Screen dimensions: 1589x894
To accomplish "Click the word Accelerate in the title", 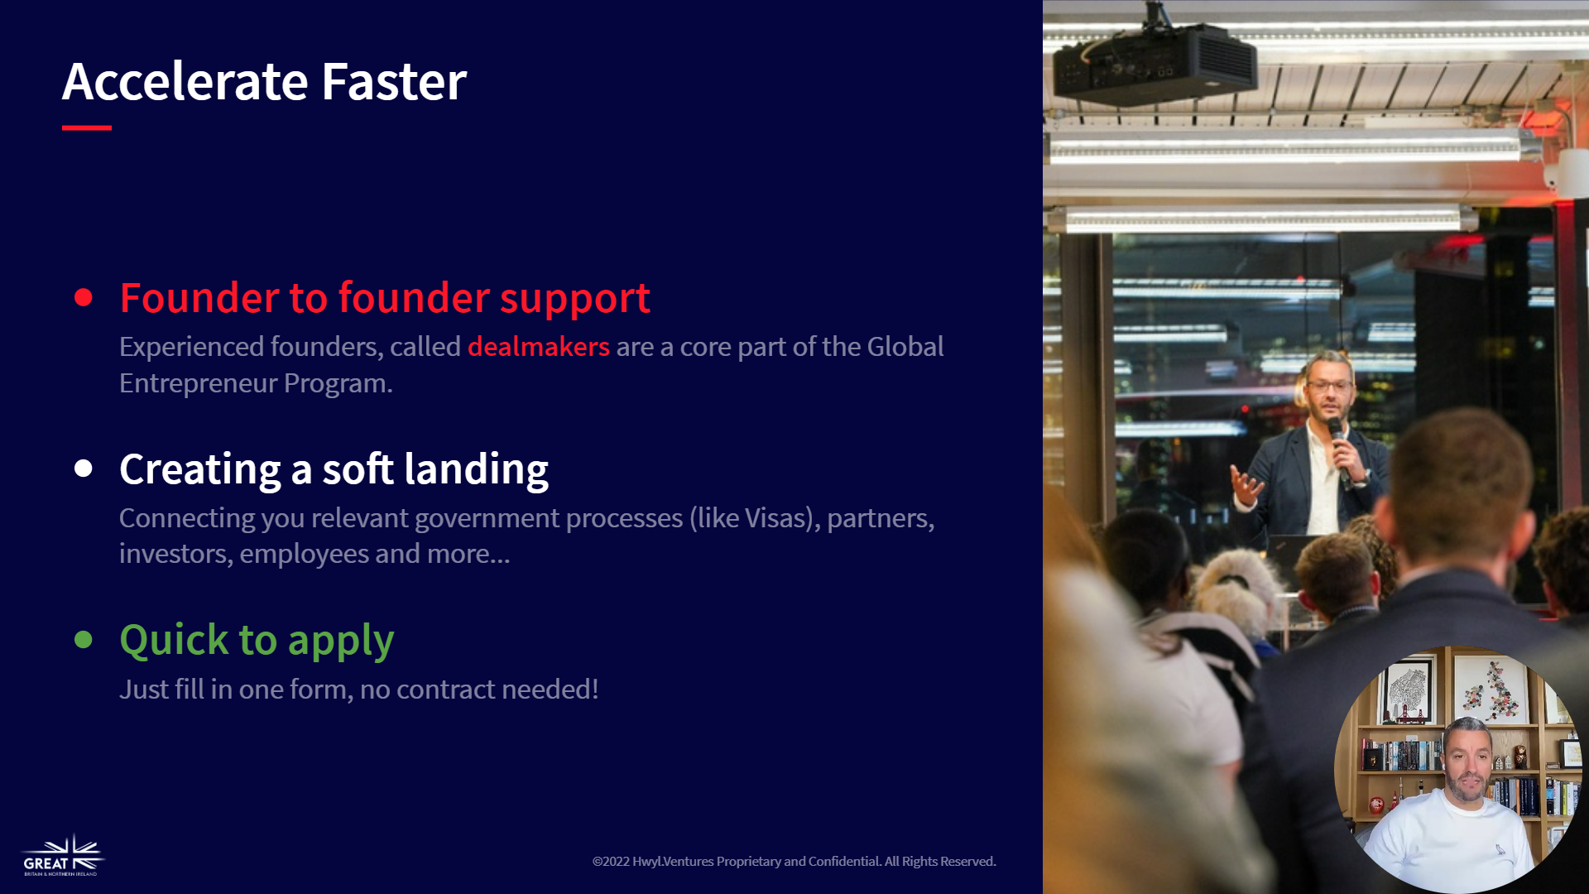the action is coord(185,81).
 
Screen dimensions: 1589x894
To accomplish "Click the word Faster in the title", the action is coord(394,81).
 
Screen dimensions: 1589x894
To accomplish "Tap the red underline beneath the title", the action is coord(87,127).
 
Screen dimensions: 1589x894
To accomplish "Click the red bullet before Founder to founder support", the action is coord(84,297).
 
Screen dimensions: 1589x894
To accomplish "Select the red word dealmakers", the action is coord(539,346).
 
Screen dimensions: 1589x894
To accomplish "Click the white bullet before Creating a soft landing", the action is coord(84,469).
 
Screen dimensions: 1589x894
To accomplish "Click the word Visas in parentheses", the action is coord(775,518).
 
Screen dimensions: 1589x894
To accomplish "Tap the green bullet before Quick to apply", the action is coord(84,639).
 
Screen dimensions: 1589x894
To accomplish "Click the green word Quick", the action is coord(174,640).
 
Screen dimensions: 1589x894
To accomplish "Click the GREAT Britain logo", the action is coord(63,856).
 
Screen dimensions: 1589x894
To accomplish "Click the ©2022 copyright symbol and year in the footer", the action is coord(611,862).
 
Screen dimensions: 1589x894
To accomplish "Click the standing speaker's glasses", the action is coord(1328,385).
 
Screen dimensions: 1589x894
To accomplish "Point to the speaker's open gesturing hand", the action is coord(1246,484).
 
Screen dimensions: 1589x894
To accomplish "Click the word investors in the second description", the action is coord(175,554).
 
